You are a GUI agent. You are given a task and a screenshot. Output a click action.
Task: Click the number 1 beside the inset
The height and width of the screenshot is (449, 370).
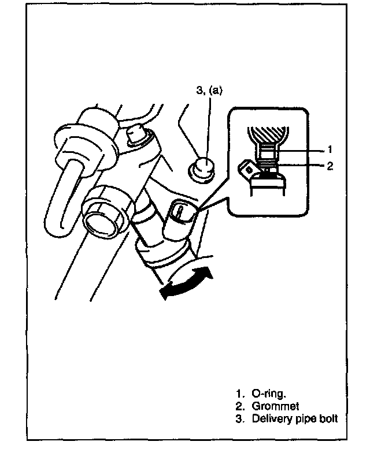pyautogui.click(x=330, y=149)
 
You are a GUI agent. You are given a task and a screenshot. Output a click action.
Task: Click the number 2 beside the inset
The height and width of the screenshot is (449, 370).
pyautogui.click(x=330, y=167)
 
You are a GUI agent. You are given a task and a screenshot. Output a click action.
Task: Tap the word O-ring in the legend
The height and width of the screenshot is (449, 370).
pyautogui.click(x=268, y=394)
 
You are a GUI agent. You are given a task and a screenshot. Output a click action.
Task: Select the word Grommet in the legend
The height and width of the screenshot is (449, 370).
pyautogui.click(x=275, y=407)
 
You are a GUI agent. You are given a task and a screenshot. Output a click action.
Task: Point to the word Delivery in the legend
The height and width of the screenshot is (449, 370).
pyautogui.click(x=270, y=419)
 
